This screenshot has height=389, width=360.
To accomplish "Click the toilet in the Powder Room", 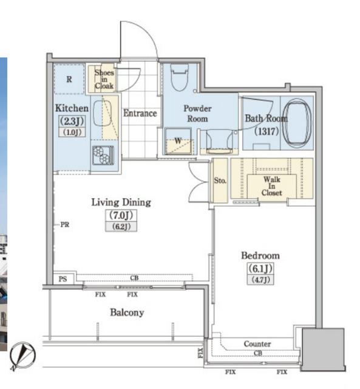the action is (179, 77).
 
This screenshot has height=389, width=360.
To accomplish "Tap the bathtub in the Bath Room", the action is (297, 123).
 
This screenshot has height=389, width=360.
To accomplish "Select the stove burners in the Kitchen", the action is (103, 156).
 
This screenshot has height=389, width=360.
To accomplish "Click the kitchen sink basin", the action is (102, 113).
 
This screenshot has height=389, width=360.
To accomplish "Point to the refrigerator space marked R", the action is (69, 79).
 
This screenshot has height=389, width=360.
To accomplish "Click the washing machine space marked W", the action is (178, 142).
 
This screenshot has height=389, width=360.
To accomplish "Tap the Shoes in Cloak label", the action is (104, 79).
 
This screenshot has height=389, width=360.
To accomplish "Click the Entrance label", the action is (140, 113).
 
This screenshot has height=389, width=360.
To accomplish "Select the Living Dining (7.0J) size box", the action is (121, 215).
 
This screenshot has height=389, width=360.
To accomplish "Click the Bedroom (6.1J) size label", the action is (260, 268).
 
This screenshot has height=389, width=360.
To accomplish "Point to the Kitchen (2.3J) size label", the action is (72, 121).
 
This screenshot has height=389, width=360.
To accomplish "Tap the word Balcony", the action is (127, 312).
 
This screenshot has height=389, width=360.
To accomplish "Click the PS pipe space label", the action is (63, 279).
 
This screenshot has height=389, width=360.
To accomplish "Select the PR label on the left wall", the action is (65, 225).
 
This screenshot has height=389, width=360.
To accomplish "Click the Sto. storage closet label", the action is (220, 181).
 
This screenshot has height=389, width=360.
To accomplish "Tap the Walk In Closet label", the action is (272, 186).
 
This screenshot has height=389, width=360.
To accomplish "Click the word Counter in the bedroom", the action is (257, 344).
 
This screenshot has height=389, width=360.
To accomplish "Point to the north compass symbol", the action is (22, 355).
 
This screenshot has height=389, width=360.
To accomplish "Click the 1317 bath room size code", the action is (267, 131).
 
